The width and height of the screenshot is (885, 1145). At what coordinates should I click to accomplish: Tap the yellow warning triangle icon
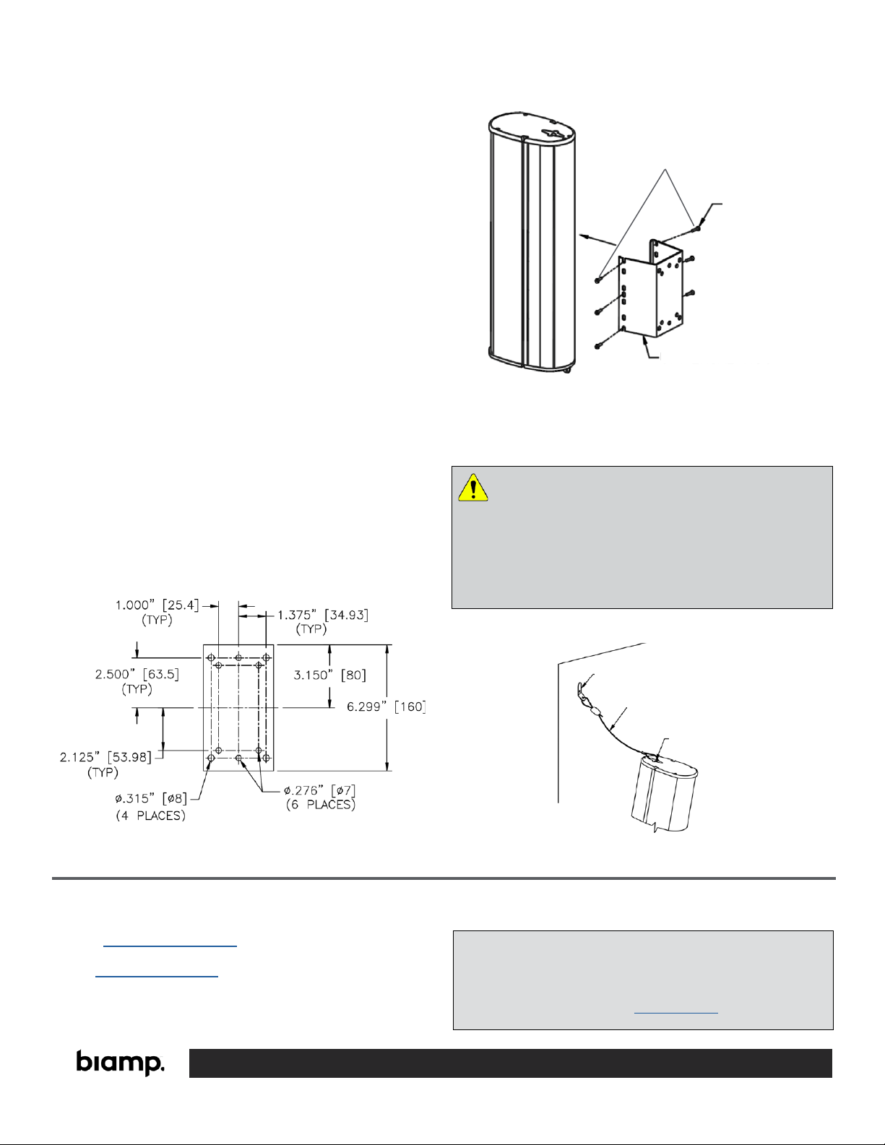(473, 488)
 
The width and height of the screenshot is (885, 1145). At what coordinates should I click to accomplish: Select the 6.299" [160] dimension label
(386, 707)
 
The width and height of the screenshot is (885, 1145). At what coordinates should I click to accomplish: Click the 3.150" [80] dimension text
(329, 675)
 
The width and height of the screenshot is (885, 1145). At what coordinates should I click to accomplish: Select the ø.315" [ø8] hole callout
(151, 798)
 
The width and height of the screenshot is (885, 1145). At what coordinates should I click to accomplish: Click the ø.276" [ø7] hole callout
(320, 790)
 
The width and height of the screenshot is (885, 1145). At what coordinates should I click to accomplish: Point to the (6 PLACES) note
(321, 805)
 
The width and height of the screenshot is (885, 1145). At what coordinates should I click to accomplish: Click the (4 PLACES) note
(151, 816)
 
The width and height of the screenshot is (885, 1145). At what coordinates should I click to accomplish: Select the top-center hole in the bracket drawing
(238, 657)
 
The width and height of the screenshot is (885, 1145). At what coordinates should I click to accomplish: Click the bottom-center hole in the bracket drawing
(238, 758)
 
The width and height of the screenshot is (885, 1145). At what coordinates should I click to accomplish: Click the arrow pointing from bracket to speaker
(598, 240)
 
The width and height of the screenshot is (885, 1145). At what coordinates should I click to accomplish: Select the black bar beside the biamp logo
(511, 1063)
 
